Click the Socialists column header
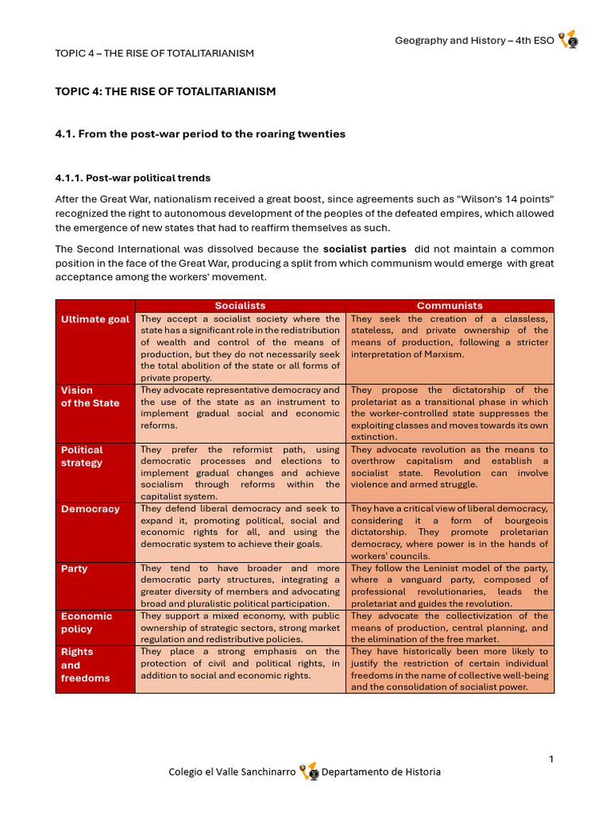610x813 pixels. tap(240, 306)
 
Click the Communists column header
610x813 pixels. tap(450, 306)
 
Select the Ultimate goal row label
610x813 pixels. tap(95, 319)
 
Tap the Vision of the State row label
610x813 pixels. tap(90, 396)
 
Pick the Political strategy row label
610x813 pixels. tap(82, 456)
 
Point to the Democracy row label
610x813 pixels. tap(90, 509)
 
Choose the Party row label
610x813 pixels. tap(75, 568)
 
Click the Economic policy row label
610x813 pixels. tap(87, 622)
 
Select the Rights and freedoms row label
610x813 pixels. tap(85, 665)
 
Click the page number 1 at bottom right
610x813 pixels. tap(551, 760)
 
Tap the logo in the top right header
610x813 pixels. tap(568, 40)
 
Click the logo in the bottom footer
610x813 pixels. tap(309, 772)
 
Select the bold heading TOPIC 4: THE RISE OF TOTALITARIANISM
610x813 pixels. tap(165, 91)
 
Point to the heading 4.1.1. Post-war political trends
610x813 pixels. tap(133, 178)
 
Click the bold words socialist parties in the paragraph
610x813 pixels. tap(365, 249)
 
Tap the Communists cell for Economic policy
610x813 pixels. tap(450, 627)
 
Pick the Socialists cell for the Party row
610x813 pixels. tap(240, 586)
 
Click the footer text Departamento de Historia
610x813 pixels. tap(380, 772)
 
